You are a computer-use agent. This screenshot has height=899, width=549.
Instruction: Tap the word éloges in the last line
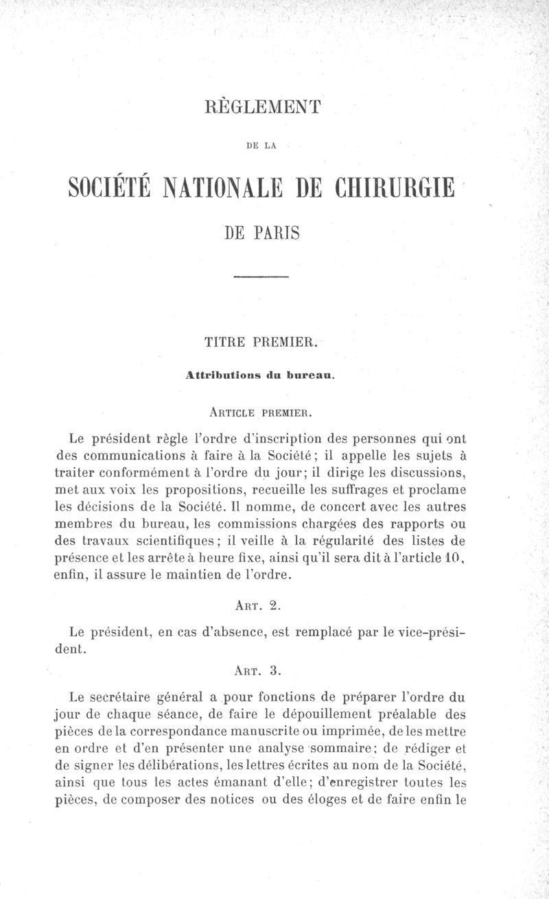coord(343,798)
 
